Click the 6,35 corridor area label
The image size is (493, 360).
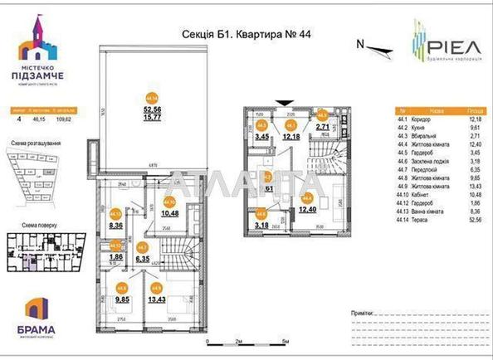[x=142, y=260]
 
